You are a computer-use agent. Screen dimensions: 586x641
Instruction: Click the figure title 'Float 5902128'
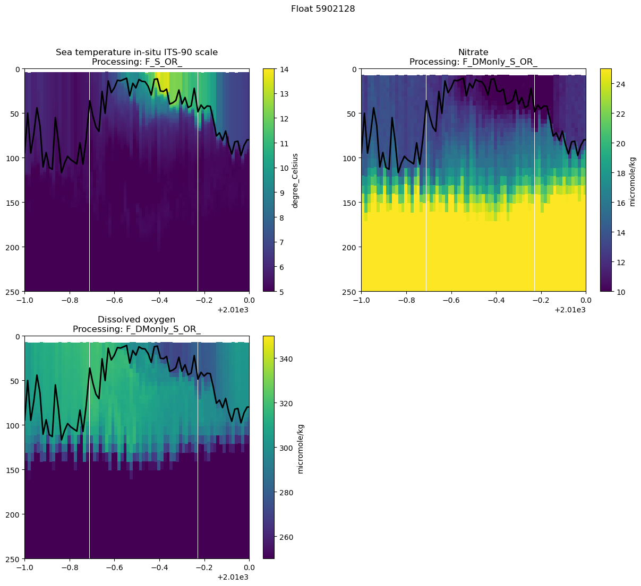[x=323, y=9]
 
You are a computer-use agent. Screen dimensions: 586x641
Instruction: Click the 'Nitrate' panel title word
[x=473, y=52]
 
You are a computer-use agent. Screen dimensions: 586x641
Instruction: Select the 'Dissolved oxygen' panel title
[x=136, y=319]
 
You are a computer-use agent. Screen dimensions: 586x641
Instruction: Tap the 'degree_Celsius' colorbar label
[x=295, y=180]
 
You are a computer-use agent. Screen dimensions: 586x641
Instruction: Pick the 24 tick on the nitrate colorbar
[x=620, y=84]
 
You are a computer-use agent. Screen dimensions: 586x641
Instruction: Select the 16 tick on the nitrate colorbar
[x=620, y=203]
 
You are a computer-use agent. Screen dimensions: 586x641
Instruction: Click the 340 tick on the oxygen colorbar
[x=285, y=359]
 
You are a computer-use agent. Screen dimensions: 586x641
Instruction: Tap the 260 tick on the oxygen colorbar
[x=285, y=537]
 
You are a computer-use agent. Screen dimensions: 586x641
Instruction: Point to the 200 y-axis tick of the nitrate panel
[x=351, y=247]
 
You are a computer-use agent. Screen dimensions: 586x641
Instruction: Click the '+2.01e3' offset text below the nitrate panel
[x=570, y=310]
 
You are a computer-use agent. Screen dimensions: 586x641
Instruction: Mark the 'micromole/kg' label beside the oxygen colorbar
[x=301, y=448]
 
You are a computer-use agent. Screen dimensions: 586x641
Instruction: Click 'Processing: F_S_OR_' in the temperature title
[x=136, y=62]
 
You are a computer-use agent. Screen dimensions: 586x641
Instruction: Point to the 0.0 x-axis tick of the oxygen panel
[x=249, y=567]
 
